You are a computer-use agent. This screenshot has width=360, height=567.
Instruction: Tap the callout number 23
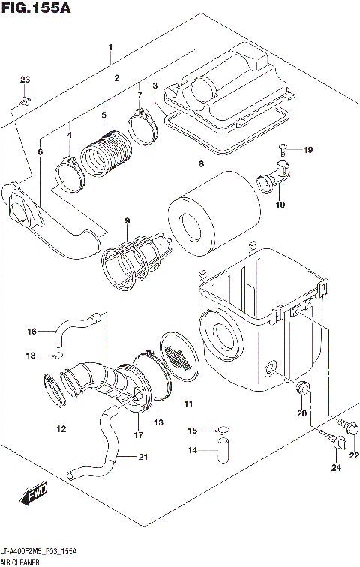click(x=25, y=79)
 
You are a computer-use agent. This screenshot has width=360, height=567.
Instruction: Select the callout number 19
click(x=307, y=150)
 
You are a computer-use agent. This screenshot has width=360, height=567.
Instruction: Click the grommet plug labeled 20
click(x=303, y=388)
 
